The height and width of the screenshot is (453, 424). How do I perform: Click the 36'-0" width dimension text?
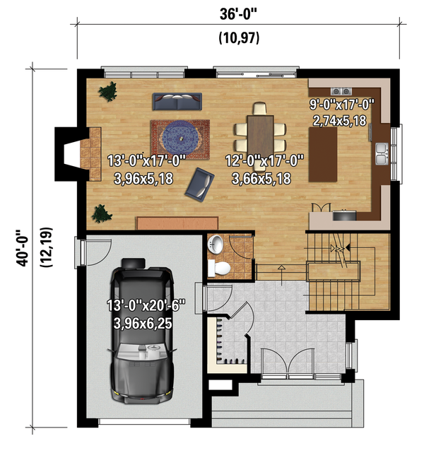point(238,14)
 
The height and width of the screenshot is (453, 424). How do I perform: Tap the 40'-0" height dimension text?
point(22,247)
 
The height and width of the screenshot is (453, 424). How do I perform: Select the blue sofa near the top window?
point(177,101)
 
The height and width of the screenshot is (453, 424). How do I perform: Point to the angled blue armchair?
point(199,184)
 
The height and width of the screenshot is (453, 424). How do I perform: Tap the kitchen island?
point(323,155)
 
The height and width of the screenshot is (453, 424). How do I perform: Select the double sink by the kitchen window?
point(382,153)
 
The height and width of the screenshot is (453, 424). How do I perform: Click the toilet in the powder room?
point(219,269)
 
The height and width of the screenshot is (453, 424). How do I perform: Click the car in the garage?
point(142,331)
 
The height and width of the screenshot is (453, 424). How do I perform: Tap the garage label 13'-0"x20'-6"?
point(146,305)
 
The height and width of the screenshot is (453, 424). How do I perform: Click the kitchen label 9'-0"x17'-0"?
point(342,105)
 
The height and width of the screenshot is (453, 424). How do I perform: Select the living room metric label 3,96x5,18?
point(143,179)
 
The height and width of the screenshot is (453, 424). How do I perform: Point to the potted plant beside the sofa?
point(108,91)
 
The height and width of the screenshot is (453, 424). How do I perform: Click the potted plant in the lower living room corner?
point(101,213)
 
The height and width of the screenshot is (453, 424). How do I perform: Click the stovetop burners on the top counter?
point(341,91)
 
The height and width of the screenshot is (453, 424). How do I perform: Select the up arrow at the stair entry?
point(282,276)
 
